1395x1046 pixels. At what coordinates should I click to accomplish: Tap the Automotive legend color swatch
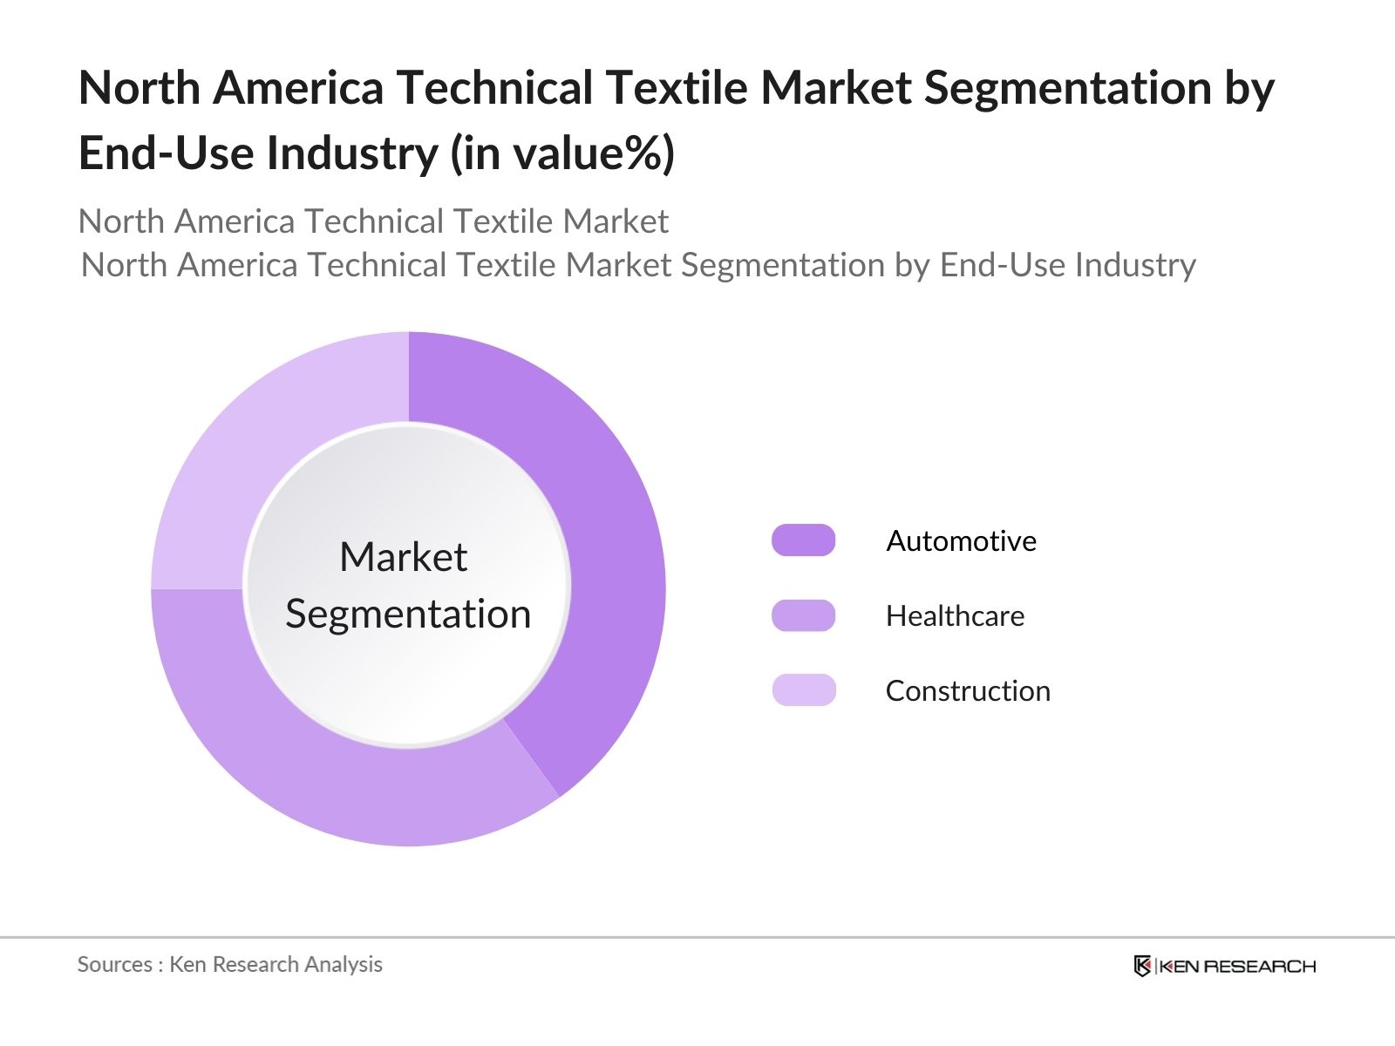click(803, 540)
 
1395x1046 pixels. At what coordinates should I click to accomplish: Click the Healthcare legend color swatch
click(803, 615)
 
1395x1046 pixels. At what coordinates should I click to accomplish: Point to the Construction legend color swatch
click(803, 690)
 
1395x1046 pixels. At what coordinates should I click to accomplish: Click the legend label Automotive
click(961, 541)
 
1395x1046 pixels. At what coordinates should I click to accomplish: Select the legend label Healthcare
click(955, 616)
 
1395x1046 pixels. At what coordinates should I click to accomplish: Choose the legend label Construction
click(968, 691)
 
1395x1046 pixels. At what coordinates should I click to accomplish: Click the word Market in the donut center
click(403, 557)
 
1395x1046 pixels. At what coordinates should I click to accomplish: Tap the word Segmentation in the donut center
click(408, 615)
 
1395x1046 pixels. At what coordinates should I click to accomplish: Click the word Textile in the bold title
click(670, 88)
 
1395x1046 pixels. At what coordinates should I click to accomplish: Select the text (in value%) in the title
click(562, 154)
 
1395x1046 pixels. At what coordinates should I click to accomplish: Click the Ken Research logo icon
click(1142, 966)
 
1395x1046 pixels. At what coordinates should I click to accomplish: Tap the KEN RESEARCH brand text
click(1237, 966)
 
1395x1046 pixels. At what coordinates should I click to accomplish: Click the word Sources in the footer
click(114, 964)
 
